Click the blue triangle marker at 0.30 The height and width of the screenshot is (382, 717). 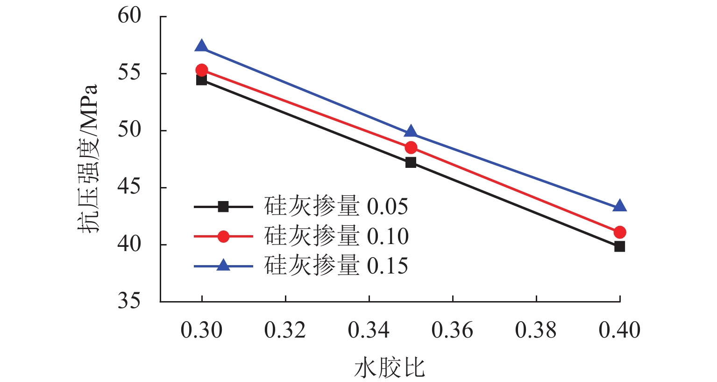click(202, 46)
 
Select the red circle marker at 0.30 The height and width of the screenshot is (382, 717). click(202, 70)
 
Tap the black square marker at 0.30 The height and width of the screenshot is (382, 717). click(202, 80)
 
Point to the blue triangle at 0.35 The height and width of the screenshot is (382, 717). click(411, 132)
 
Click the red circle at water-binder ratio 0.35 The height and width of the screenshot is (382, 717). click(411, 148)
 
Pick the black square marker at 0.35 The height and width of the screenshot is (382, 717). click(411, 163)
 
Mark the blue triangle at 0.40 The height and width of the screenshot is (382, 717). click(620, 206)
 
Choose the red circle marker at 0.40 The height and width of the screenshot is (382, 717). click(620, 232)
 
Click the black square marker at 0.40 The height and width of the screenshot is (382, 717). click(620, 246)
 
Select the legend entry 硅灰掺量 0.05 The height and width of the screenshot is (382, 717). click(336, 206)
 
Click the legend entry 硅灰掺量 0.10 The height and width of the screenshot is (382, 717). click(336, 236)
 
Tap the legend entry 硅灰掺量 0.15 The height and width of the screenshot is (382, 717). click(336, 266)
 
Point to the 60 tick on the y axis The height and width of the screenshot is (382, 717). click(129, 16)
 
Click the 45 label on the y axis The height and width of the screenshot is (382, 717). click(129, 187)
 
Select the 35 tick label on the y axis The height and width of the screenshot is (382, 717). click(129, 301)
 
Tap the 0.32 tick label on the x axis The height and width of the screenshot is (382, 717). click(285, 331)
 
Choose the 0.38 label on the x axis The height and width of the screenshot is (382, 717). click(536, 331)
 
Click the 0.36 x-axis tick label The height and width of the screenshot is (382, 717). click(452, 331)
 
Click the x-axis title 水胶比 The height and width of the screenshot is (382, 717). click(390, 368)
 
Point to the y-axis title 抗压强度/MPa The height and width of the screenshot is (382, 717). click(88, 159)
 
